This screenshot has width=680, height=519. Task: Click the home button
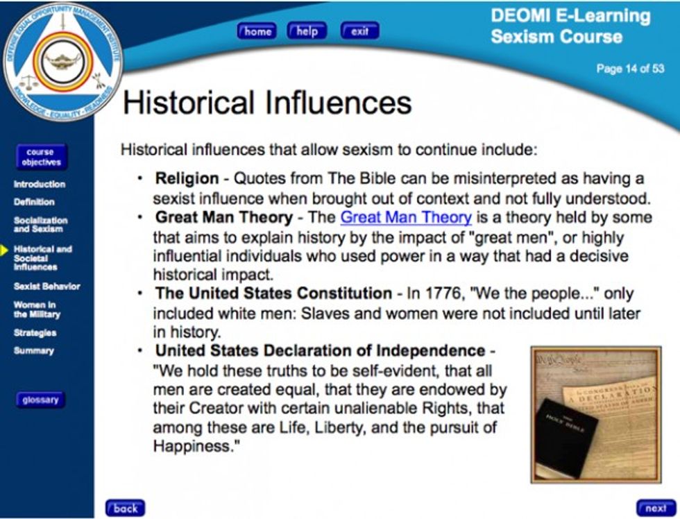click(x=257, y=31)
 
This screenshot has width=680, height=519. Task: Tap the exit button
click(x=359, y=31)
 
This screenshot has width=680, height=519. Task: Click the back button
click(x=126, y=508)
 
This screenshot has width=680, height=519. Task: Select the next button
click(x=656, y=508)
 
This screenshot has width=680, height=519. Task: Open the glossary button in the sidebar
click(x=40, y=400)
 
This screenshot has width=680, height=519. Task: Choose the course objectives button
click(x=41, y=157)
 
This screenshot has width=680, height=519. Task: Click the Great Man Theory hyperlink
click(x=406, y=217)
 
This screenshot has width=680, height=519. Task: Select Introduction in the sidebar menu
click(x=40, y=185)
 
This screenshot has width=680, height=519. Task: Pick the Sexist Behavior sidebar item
click(x=47, y=286)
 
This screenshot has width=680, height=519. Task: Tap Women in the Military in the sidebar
click(x=37, y=309)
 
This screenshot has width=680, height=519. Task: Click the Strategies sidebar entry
click(x=35, y=333)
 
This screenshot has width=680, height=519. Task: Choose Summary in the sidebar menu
click(x=34, y=351)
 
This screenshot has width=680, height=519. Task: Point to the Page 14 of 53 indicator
click(x=630, y=69)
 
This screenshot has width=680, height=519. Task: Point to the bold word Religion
click(x=187, y=178)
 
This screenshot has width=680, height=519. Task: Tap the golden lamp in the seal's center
click(x=63, y=60)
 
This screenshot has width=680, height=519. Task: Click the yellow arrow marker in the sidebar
click(x=4, y=250)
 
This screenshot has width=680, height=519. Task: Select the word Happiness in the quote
click(x=193, y=446)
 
